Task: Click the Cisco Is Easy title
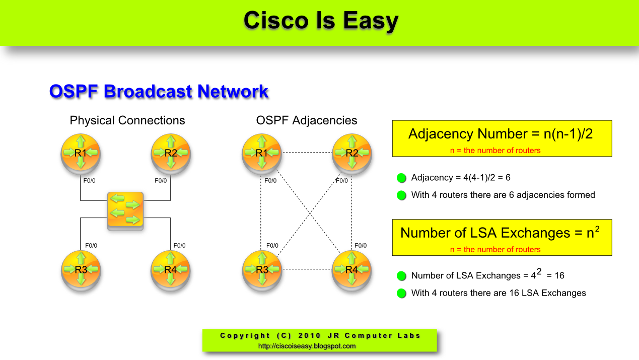pyautogui.click(x=321, y=21)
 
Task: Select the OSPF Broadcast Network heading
pyautogui.click(x=159, y=92)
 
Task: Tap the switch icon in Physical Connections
pyautogui.click(x=125, y=211)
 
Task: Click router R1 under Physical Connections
pyautogui.click(x=81, y=153)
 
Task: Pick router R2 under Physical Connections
pyautogui.click(x=171, y=153)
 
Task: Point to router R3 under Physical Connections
pyautogui.click(x=81, y=270)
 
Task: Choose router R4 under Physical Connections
pyautogui.click(x=171, y=270)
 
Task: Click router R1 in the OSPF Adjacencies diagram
pyautogui.click(x=261, y=153)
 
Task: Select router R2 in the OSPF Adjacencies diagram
pyautogui.click(x=352, y=153)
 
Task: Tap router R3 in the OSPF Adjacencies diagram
pyautogui.click(x=261, y=270)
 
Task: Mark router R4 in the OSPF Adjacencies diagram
pyautogui.click(x=352, y=270)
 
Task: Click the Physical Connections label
pyautogui.click(x=127, y=121)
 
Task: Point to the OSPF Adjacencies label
pyautogui.click(x=307, y=121)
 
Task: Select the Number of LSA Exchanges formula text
pyautogui.click(x=500, y=233)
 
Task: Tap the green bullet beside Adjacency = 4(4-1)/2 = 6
pyautogui.click(x=401, y=178)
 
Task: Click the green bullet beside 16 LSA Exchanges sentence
pyautogui.click(x=401, y=293)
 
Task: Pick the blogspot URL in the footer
pyautogui.click(x=307, y=346)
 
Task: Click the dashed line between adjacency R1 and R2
pyautogui.click(x=307, y=152)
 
